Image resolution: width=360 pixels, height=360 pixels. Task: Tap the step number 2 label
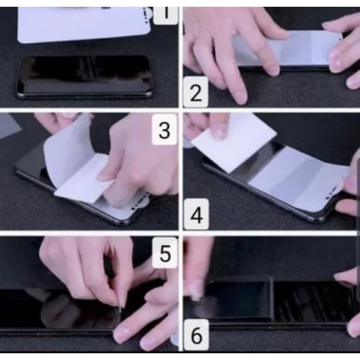point(196,92)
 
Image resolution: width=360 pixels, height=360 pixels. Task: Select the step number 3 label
point(164,130)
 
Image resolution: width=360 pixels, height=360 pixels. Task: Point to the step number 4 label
point(197,215)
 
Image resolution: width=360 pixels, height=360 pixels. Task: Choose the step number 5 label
point(165,253)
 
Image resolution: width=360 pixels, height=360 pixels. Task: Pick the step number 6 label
point(196,335)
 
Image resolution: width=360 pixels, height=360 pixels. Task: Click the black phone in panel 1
point(84,77)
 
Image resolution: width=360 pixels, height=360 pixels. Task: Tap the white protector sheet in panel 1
point(85,24)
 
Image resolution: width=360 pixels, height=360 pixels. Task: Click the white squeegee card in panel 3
point(84,179)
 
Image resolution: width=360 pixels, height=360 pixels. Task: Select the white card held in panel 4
point(233,142)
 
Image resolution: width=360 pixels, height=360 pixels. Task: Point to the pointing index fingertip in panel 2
point(239,98)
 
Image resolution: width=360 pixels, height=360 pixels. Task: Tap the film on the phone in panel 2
point(287,49)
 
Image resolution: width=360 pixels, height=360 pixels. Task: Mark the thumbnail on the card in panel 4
point(220,133)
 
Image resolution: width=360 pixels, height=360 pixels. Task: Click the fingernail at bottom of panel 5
point(121,333)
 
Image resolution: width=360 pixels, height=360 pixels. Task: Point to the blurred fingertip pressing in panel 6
point(196,292)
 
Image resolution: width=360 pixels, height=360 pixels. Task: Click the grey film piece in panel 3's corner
point(9,127)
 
